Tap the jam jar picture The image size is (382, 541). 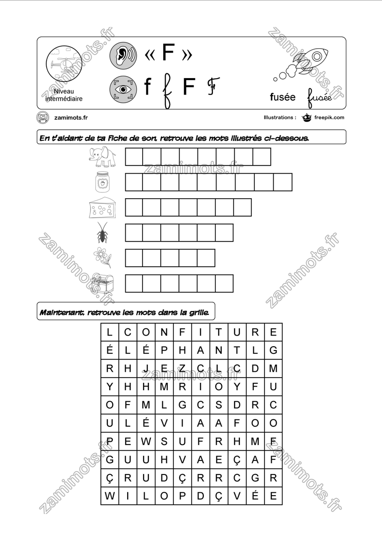(102, 182)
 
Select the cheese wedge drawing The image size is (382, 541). (103, 207)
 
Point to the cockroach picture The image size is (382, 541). (103, 233)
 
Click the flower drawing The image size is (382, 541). (102, 257)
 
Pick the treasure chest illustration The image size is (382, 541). (102, 283)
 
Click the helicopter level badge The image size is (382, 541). (62, 64)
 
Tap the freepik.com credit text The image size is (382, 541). (329, 117)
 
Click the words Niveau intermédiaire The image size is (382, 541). (64, 95)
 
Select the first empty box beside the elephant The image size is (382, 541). (134, 157)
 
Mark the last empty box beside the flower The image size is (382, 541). (206, 258)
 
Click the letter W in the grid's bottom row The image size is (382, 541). (109, 496)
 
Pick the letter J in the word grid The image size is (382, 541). (145, 369)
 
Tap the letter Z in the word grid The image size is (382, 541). (182, 369)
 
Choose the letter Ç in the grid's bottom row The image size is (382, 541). (218, 496)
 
